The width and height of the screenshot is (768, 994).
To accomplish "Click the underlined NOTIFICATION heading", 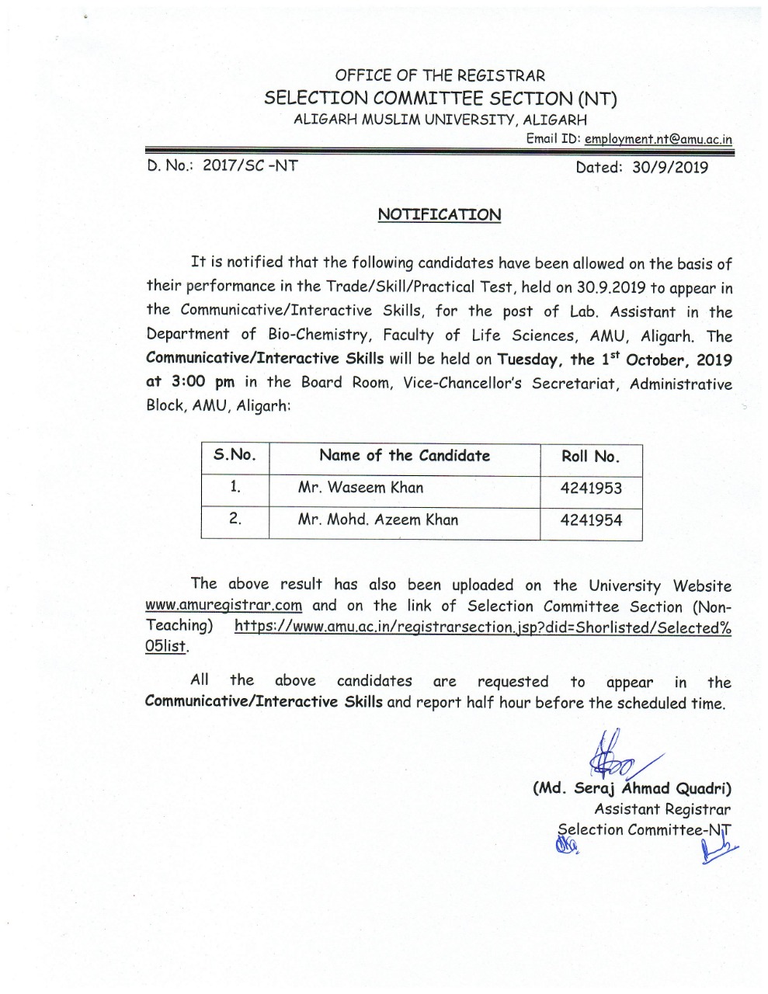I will point(439,214).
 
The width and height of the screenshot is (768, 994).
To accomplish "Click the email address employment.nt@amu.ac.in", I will point(658,139).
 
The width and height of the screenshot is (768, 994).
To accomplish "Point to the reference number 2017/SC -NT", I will point(249,165).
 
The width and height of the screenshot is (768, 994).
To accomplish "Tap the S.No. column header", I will point(235,456).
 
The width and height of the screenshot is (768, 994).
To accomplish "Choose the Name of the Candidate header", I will point(405,456).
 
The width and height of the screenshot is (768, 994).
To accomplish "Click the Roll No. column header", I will point(590,457).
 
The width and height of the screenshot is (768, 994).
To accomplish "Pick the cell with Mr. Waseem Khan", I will point(360,488).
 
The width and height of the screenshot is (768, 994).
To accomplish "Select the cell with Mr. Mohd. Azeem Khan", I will point(377,520).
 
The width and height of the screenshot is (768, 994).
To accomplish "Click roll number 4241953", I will point(591,489).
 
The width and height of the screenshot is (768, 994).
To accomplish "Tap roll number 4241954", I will point(591,521).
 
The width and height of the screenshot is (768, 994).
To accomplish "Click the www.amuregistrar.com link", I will point(224,606).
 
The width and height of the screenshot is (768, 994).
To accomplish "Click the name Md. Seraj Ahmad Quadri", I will point(631,788).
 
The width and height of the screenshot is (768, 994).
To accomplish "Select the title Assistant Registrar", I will point(662,809).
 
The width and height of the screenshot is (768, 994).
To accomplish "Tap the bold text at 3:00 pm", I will point(190,382).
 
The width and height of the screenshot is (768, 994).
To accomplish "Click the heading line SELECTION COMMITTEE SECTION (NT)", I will point(440,98).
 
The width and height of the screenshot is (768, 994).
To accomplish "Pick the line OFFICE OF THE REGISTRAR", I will point(440,75).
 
